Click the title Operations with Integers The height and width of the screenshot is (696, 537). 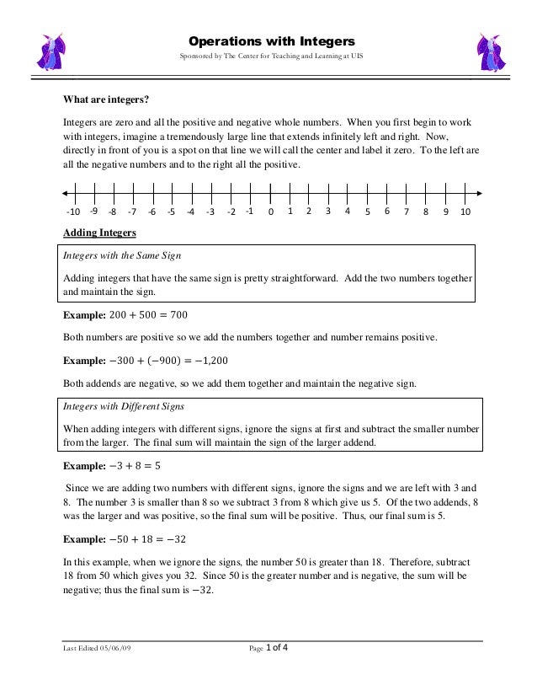tap(271, 40)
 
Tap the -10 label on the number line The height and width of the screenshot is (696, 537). tap(73, 212)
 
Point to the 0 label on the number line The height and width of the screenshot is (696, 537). tap(270, 212)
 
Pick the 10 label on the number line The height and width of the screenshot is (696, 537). tap(465, 212)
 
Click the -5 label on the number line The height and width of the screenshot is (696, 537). tap(172, 212)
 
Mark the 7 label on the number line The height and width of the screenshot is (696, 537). tap(407, 212)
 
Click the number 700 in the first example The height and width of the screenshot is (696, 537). tap(176, 315)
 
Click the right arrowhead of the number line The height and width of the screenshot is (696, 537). tap(477, 192)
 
